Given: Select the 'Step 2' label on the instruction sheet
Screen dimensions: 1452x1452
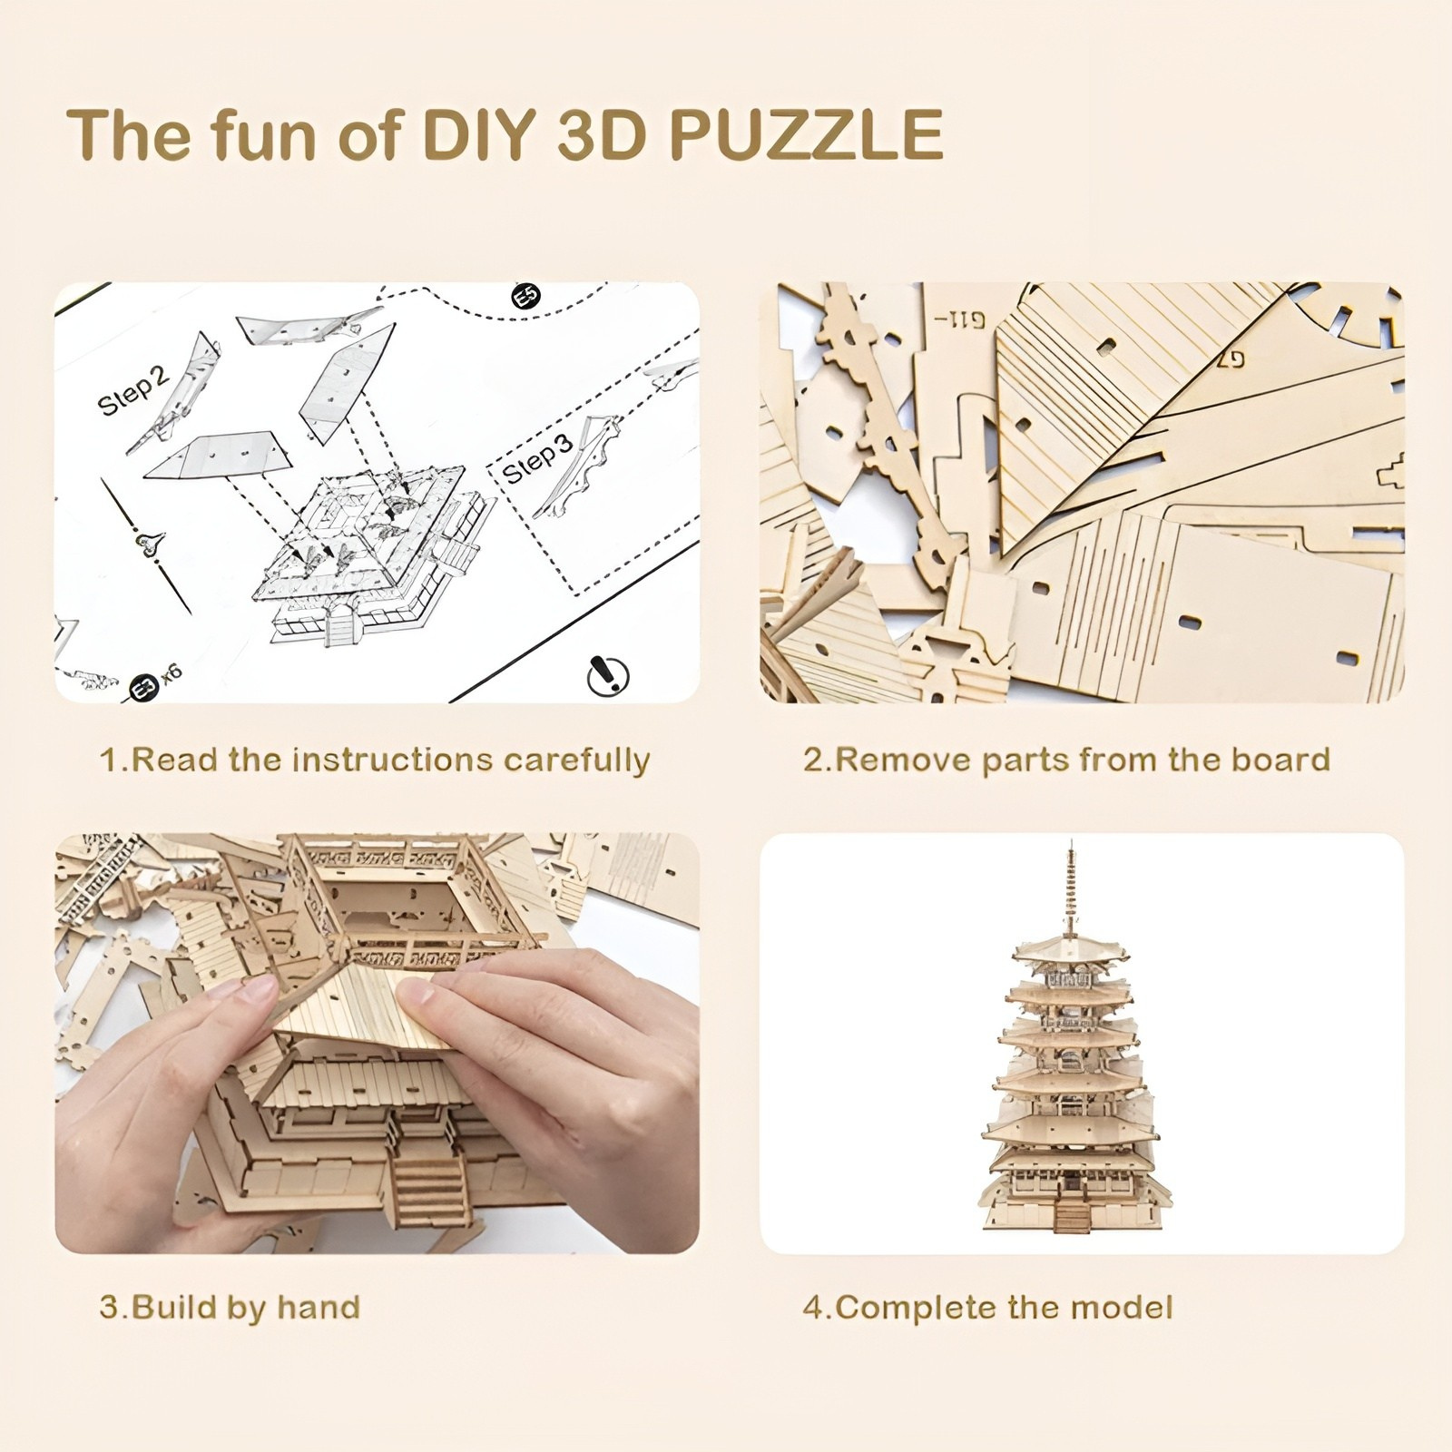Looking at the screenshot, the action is [133, 392].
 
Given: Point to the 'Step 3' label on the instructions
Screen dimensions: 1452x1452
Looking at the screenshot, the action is [537, 458].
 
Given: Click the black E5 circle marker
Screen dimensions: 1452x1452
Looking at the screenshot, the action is [525, 296].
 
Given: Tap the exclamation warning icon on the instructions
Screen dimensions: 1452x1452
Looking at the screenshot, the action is [608, 674].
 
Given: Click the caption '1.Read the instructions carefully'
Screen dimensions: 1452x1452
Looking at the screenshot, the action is [375, 760].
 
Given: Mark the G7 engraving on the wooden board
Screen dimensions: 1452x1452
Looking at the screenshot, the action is [1227, 357].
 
